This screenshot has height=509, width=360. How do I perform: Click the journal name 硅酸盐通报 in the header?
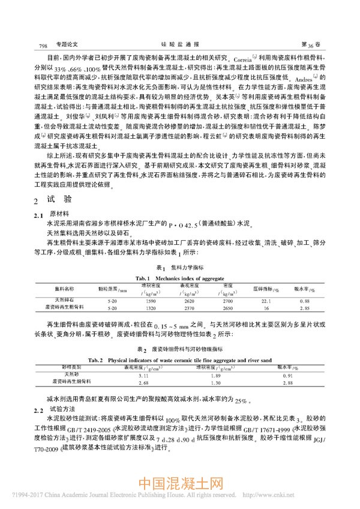point(179,44)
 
